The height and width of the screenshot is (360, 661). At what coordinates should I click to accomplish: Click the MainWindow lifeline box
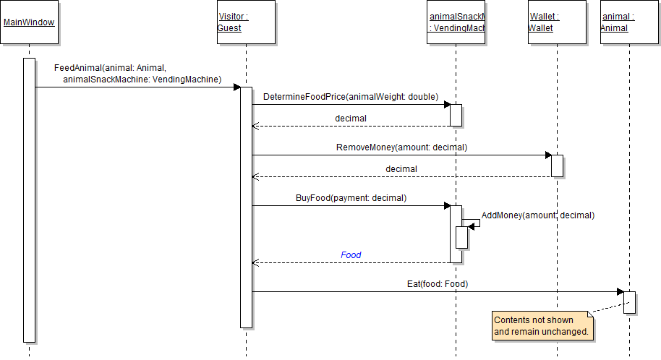[29, 22]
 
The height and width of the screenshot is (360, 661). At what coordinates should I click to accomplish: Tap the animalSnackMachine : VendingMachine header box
[456, 22]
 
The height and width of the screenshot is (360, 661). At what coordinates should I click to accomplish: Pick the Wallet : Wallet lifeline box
[557, 22]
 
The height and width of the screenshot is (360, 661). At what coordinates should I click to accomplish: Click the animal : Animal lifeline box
[628, 22]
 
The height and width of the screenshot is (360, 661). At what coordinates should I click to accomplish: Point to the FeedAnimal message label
[137, 74]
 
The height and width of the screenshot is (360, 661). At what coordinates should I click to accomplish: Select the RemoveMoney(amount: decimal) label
[401, 147]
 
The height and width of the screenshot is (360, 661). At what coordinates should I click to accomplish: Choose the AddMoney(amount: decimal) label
[537, 215]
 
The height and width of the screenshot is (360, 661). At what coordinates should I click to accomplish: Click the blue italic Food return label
[351, 255]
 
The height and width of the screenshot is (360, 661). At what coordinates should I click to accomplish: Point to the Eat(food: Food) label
[438, 284]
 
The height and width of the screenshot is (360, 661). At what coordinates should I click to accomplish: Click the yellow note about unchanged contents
[542, 326]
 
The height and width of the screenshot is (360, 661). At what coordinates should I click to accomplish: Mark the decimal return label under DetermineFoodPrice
[351, 119]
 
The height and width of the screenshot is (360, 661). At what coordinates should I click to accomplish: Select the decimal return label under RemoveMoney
[401, 169]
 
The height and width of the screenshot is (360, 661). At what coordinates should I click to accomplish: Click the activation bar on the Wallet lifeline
[557, 166]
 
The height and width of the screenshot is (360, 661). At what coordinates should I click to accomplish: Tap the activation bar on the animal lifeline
[629, 302]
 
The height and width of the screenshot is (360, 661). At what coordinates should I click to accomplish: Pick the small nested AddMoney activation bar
[461, 237]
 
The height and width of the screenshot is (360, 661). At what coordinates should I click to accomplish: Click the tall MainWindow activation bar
[29, 200]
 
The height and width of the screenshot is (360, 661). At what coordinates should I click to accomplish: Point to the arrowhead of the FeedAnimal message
[236, 87]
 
